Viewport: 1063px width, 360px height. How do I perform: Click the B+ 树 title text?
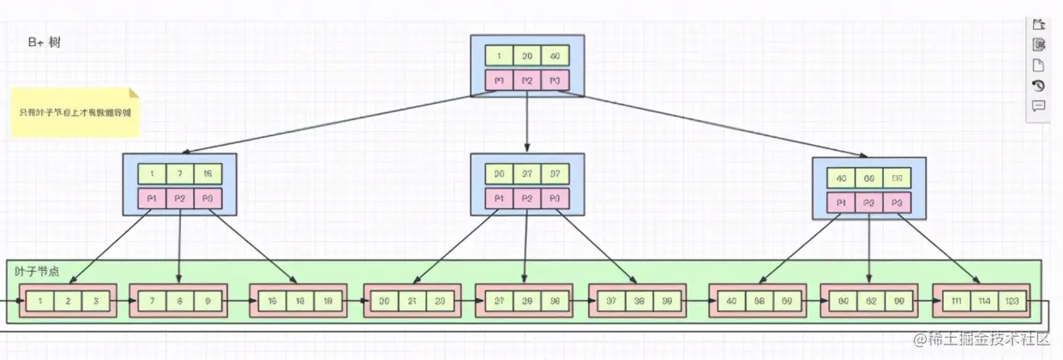(x=43, y=42)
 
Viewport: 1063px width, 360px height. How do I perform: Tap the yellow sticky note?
(x=75, y=112)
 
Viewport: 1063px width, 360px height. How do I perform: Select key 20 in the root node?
(x=527, y=56)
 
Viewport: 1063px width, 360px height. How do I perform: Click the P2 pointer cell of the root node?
(x=527, y=81)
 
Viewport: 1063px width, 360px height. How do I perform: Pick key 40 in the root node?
(x=555, y=56)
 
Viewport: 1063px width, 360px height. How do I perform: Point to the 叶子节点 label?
(x=37, y=270)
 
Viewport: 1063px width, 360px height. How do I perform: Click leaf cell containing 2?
(x=69, y=302)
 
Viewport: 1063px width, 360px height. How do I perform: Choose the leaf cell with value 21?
(x=411, y=302)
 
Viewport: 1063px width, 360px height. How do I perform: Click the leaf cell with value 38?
(x=638, y=302)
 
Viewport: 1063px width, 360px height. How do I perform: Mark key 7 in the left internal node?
(x=179, y=174)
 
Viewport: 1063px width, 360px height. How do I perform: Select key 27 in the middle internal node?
(x=527, y=174)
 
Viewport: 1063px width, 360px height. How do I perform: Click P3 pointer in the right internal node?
(x=897, y=203)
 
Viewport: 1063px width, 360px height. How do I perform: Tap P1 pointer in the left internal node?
(x=152, y=199)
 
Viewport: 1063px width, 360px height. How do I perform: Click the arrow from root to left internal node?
(x=326, y=124)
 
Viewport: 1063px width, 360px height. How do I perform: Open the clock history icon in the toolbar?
(x=1038, y=86)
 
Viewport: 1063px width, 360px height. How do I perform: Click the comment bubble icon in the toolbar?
(x=1038, y=105)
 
